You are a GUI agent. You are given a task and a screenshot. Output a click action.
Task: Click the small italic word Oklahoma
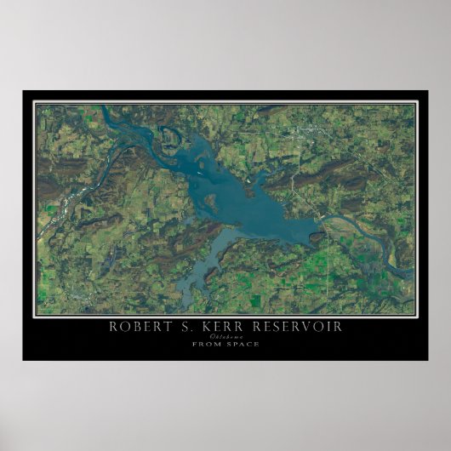pos(225,336)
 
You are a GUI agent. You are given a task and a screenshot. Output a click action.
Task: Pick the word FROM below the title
pos(206,344)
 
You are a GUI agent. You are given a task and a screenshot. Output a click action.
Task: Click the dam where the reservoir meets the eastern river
pos(319,223)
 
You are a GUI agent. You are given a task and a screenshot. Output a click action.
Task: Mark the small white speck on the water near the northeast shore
pos(248,179)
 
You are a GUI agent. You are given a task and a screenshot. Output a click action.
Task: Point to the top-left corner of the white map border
pos(35,103)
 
